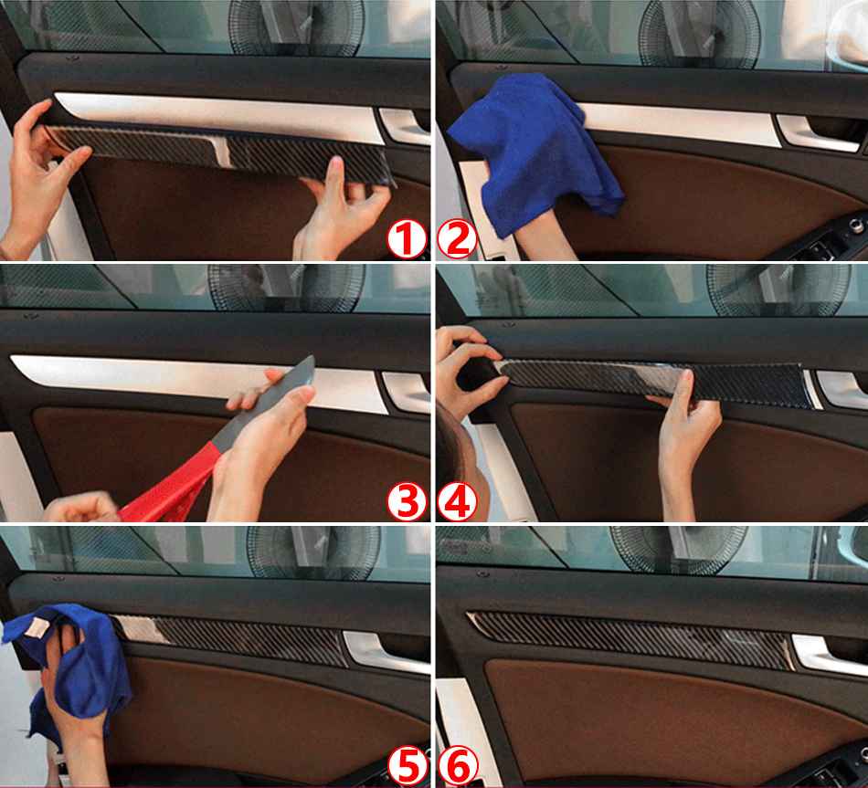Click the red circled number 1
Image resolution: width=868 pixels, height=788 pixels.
(x=407, y=239)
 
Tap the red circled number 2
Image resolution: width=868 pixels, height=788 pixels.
(x=457, y=239)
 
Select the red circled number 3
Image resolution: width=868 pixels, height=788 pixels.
(x=407, y=500)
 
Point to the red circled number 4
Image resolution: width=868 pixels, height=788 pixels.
(x=457, y=500)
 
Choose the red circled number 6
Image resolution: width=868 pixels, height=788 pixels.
(x=458, y=766)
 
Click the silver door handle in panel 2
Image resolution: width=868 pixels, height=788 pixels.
(x=820, y=132)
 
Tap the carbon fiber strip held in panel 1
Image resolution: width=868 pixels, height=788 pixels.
(x=221, y=152)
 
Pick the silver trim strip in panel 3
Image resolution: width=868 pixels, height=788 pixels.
(x=199, y=382)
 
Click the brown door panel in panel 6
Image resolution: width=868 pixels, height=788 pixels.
(x=664, y=720)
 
